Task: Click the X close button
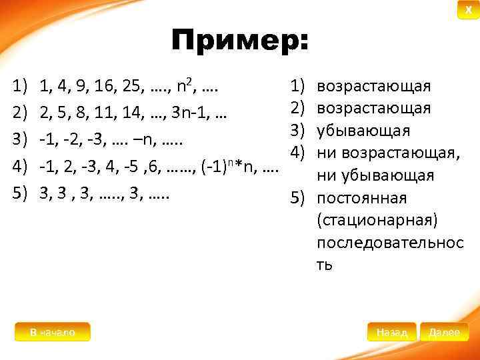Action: [468, 10]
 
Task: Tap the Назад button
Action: [391, 332]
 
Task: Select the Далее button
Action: [444, 332]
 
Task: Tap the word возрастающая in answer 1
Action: [374, 86]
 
